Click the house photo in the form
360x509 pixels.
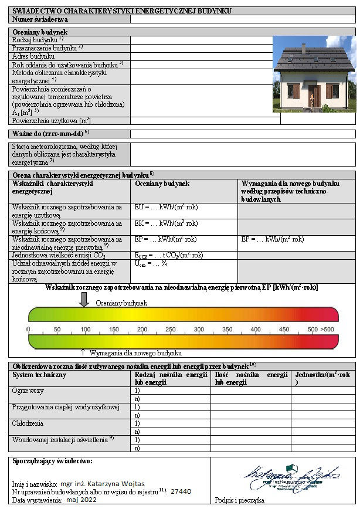point(314,74)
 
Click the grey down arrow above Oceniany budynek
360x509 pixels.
point(84,298)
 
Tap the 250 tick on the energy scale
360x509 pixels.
point(170,329)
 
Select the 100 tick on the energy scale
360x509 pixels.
point(85,329)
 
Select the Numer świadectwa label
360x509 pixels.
point(36,19)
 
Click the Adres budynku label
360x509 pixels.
point(33,56)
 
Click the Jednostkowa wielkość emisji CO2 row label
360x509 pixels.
point(58,255)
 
